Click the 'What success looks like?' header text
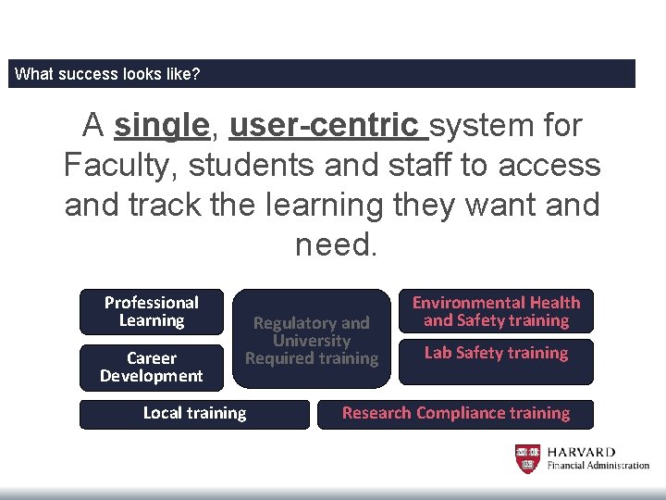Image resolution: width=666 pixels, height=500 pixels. pyautogui.click(x=107, y=74)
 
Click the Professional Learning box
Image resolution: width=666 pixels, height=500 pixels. pyautogui.click(x=152, y=312)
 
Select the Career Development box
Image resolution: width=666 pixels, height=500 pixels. pyautogui.click(x=152, y=367)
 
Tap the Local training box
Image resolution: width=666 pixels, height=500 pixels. pyautogui.click(x=194, y=413)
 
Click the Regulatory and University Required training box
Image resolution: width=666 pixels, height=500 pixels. pyautogui.click(x=312, y=340)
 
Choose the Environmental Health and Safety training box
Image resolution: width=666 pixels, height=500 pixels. pyautogui.click(x=496, y=312)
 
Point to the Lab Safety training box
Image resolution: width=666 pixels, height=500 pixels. pyautogui.click(x=496, y=354)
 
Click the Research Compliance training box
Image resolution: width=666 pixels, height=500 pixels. pyautogui.click(x=455, y=413)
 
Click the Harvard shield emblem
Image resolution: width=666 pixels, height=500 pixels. pyautogui.click(x=526, y=459)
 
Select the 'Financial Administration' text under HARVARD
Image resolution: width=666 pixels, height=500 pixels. pyautogui.click(x=598, y=466)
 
